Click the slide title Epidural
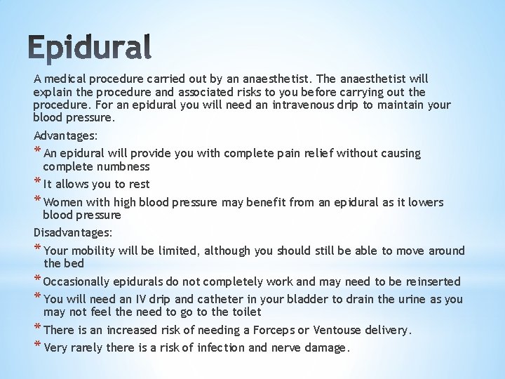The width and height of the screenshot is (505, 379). (92, 47)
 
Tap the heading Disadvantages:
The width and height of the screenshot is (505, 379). (72, 232)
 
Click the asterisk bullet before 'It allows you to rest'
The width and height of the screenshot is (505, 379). (37, 184)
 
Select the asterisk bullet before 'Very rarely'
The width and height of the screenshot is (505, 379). (37, 347)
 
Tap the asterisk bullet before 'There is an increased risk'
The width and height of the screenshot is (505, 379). (37, 329)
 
